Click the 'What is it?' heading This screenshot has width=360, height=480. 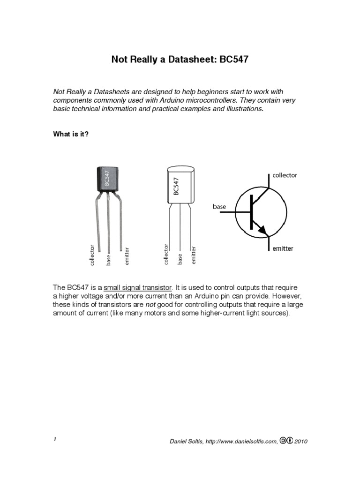tap(71, 134)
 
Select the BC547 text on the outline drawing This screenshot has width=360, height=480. tap(176, 186)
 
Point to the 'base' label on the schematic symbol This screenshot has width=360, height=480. tap(219, 206)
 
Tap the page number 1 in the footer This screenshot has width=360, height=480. tap(55, 439)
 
